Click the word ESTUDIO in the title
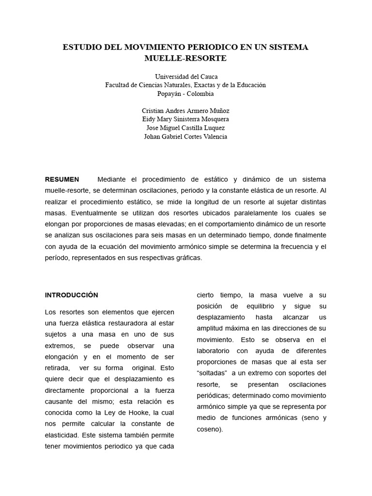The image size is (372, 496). [83, 47]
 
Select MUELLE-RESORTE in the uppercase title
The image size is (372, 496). [186, 59]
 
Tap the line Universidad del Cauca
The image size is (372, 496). [186, 77]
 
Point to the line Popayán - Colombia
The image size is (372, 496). [186, 93]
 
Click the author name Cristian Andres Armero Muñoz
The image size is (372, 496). [186, 110]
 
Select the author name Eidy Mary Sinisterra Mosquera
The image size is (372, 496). [186, 119]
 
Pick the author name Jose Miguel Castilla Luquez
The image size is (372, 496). [186, 128]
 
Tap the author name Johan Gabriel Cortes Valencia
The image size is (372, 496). [186, 137]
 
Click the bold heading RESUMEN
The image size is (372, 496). [62, 179]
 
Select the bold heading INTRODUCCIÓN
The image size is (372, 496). [71, 294]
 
